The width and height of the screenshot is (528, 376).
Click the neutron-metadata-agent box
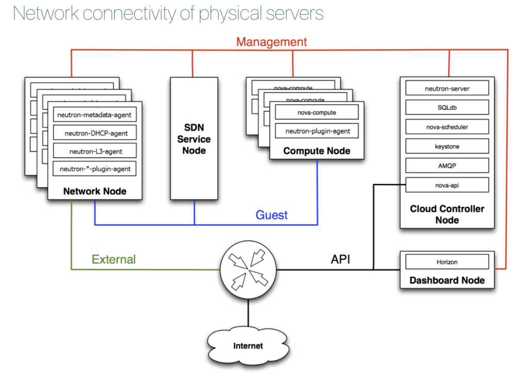tap(95, 115)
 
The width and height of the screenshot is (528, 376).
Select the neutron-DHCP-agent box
tap(95, 133)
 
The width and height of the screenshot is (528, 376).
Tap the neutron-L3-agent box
tap(95, 151)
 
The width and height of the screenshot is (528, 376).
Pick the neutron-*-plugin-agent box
tap(95, 169)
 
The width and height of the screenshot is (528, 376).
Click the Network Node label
tap(95, 191)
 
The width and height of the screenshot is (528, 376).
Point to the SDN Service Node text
tap(194, 139)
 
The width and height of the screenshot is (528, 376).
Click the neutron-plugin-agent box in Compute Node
tap(317, 131)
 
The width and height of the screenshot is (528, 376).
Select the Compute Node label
tap(317, 151)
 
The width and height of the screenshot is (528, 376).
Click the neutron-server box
tap(447, 89)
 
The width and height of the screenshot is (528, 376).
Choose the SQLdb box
tap(447, 107)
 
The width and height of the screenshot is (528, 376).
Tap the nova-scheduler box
tap(447, 127)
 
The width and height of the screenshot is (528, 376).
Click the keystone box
tap(447, 146)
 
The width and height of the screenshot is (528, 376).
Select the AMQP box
tap(447, 166)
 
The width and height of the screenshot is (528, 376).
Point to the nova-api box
tap(447, 185)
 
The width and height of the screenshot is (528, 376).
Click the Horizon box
tap(447, 262)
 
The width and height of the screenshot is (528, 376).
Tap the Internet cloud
tap(248, 346)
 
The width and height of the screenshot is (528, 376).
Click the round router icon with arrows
tap(248, 269)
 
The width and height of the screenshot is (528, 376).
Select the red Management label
tap(271, 42)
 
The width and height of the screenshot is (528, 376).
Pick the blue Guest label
tap(272, 215)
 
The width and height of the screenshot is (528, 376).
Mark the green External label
tap(113, 259)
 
